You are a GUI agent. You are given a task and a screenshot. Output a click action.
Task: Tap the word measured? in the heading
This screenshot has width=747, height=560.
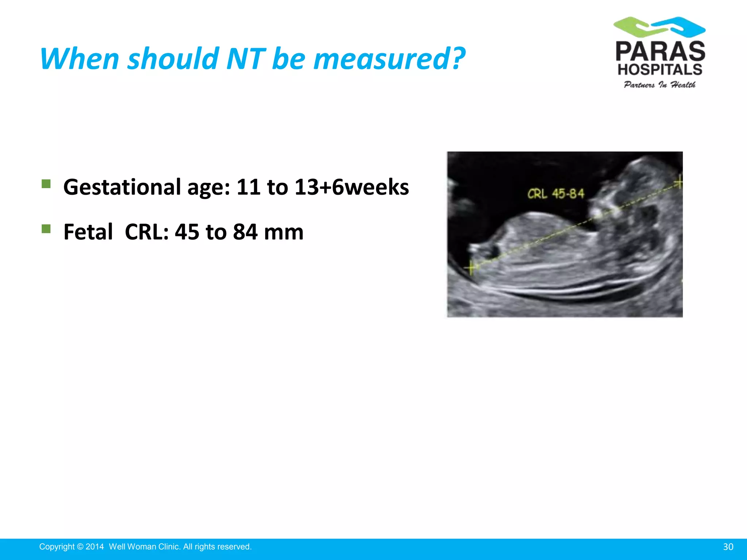(389, 59)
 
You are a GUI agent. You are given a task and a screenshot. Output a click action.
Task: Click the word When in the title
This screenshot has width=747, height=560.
(80, 59)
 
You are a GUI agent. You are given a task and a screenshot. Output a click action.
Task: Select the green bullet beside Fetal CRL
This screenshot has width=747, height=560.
(46, 229)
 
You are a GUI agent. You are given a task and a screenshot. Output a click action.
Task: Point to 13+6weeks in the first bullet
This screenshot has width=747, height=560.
(352, 187)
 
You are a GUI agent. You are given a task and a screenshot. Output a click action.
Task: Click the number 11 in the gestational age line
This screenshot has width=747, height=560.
(248, 187)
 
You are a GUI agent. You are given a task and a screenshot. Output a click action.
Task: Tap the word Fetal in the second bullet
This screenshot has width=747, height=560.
(88, 232)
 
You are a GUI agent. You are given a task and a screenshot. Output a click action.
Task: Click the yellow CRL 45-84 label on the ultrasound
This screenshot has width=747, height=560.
(556, 194)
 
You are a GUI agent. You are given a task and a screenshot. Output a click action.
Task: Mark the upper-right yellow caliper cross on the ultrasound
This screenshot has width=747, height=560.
(679, 182)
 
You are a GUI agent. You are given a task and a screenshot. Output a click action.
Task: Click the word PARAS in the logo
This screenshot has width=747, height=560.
(660, 51)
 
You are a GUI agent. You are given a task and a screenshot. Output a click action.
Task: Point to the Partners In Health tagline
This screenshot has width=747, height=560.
(659, 85)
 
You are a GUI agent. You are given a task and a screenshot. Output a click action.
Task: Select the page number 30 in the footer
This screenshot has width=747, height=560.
(728, 547)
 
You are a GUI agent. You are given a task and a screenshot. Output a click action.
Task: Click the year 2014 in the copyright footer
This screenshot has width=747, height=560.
(95, 547)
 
